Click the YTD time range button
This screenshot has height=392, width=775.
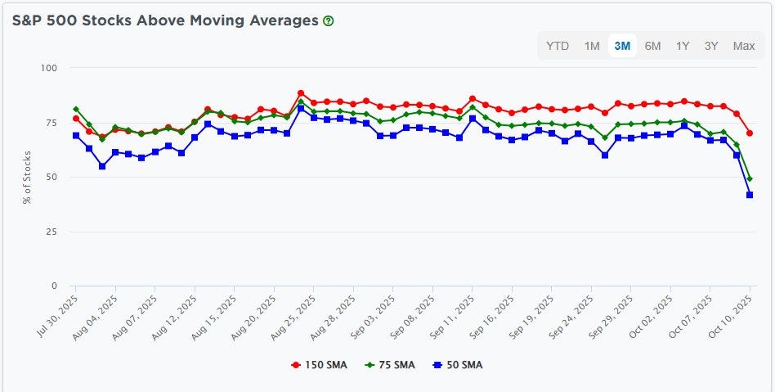click(x=558, y=46)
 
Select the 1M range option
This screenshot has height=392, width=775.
click(x=592, y=46)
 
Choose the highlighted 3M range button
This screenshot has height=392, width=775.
click(x=622, y=46)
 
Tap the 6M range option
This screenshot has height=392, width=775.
click(x=652, y=46)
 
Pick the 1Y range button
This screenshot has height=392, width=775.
click(x=683, y=46)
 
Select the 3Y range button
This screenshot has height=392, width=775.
click(x=711, y=46)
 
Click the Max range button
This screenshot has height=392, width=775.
click(x=744, y=46)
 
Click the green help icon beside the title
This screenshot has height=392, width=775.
click(x=329, y=21)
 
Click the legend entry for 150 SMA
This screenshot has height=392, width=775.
click(x=320, y=365)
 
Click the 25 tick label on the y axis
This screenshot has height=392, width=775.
click(x=52, y=232)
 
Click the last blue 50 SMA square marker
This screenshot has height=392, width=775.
click(x=749, y=195)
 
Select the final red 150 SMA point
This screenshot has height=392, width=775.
click(x=749, y=133)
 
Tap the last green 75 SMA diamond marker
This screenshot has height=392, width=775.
click(x=749, y=178)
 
